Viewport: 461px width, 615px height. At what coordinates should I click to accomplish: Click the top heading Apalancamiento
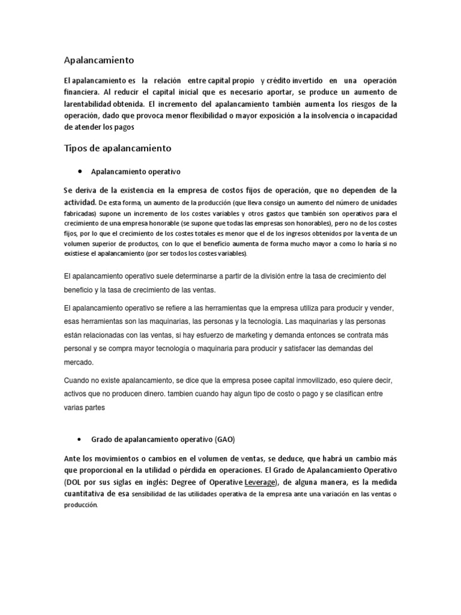click(x=99, y=60)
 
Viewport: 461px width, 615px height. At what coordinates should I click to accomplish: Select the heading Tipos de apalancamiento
click(x=118, y=148)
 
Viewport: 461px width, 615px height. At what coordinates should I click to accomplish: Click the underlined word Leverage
click(x=260, y=483)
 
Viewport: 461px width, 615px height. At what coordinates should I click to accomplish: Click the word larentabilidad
click(x=91, y=103)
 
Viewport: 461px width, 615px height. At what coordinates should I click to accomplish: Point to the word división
click(x=311, y=276)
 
